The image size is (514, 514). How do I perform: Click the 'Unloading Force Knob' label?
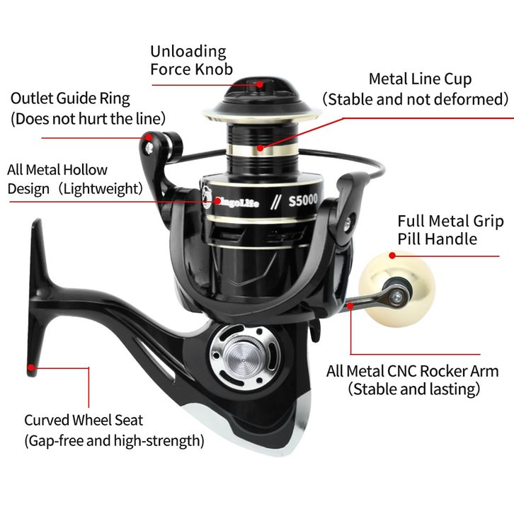(x=188, y=60)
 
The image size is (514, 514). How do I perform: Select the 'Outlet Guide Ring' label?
(x=70, y=98)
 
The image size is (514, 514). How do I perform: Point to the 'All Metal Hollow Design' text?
(x=57, y=170)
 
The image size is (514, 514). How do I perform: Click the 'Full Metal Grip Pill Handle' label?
(x=450, y=230)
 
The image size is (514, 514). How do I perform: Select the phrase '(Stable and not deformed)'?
(x=416, y=98)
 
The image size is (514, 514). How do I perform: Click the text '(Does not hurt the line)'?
(x=88, y=118)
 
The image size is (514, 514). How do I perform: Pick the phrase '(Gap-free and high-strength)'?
(x=114, y=441)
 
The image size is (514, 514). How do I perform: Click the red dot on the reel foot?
(x=30, y=367)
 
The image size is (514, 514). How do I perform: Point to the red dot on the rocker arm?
(x=350, y=306)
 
